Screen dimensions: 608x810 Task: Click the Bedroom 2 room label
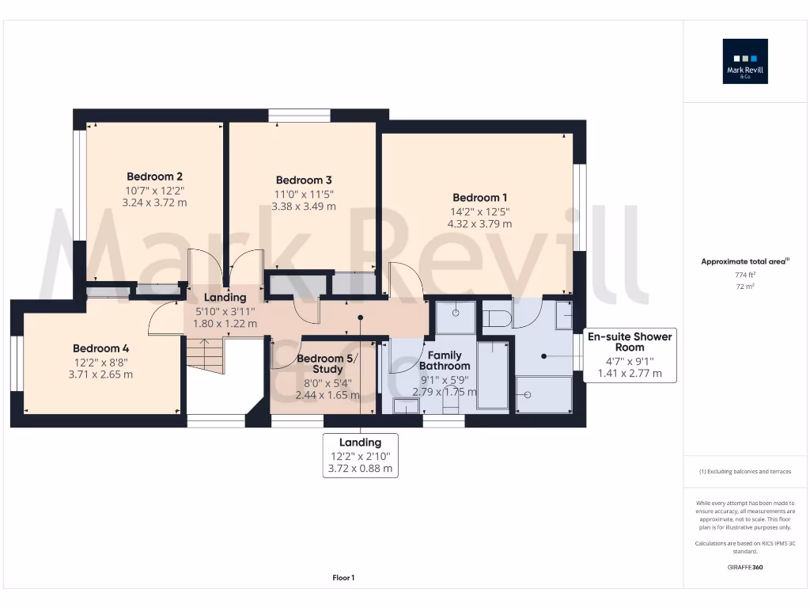click(x=155, y=177)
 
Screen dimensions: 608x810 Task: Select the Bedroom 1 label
click(x=479, y=198)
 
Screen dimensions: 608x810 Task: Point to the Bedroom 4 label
click(x=100, y=348)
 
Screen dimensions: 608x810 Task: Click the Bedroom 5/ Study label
click(x=327, y=364)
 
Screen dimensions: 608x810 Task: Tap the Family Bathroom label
click(x=444, y=361)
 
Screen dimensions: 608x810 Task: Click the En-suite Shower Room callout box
click(x=630, y=355)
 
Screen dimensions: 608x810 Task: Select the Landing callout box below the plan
click(x=361, y=455)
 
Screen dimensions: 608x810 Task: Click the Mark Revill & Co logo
click(x=745, y=62)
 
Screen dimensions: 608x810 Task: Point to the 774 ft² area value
click(x=745, y=274)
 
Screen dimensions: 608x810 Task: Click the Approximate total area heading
click(x=745, y=261)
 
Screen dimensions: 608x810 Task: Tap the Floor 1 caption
click(x=343, y=578)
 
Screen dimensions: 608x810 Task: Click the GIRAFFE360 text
click(x=745, y=567)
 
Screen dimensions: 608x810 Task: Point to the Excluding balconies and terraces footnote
click(x=745, y=471)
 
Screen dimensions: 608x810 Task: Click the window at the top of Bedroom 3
click(x=298, y=116)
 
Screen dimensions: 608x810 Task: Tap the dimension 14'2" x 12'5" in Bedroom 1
click(x=479, y=211)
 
